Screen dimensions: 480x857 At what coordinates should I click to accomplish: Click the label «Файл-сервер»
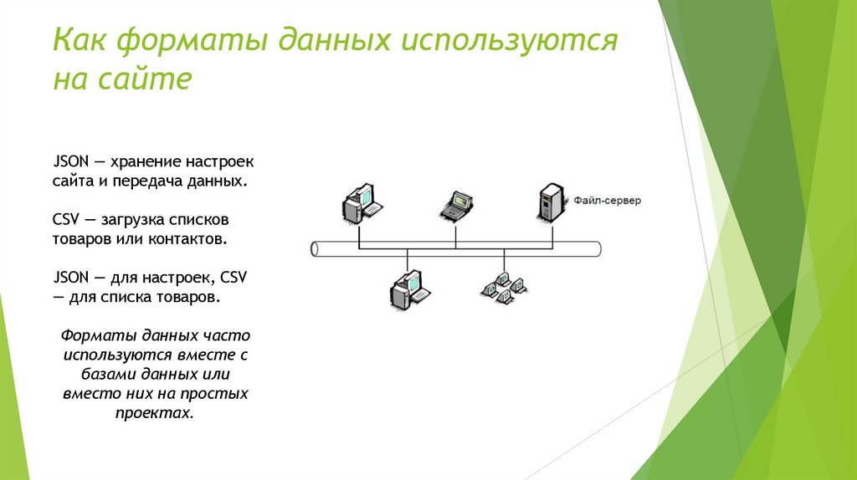[607, 201]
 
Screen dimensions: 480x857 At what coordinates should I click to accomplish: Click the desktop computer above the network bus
[361, 203]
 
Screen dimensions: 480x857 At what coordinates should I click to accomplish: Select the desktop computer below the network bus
[408, 289]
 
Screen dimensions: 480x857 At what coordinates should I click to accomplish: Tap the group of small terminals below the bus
[504, 286]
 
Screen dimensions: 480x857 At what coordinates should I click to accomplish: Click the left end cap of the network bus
[315, 248]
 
